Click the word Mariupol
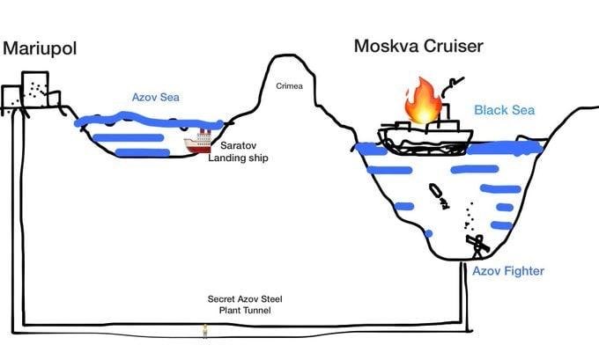pos(39,48)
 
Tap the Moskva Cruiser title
pos(420,46)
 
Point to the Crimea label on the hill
pos(290,86)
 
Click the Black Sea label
pos(504,110)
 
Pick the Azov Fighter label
pos(507,271)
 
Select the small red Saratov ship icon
pos(197,143)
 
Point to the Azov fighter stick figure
pos(476,244)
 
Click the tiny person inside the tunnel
pos(205,330)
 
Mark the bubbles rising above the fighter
pos(470,215)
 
